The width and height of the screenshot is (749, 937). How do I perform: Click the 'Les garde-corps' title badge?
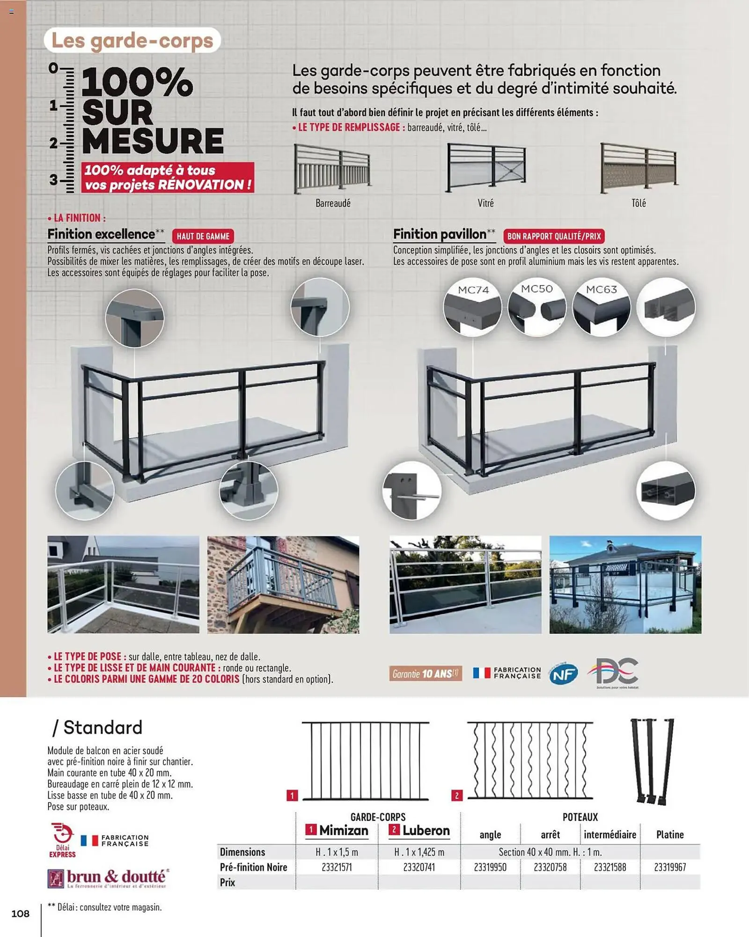[x=132, y=41]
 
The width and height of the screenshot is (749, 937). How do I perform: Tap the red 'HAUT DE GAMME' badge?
[x=203, y=236]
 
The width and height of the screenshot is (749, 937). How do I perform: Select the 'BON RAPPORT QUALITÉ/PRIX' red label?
[x=554, y=236]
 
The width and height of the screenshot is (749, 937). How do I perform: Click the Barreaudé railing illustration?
[x=332, y=169]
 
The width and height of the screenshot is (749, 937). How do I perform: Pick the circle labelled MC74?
[x=472, y=307]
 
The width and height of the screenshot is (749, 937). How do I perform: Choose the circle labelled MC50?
[x=537, y=307]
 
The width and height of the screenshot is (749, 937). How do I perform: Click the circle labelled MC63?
[x=602, y=307]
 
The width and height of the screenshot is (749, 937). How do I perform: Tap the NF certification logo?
[x=563, y=674]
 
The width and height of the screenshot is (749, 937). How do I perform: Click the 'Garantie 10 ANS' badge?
[x=425, y=674]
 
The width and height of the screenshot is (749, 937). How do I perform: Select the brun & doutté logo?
[x=108, y=878]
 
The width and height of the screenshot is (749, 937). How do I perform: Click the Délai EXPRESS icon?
[x=62, y=840]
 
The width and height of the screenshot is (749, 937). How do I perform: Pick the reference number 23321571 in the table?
[x=337, y=867]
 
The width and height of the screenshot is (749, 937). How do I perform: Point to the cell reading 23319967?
[x=670, y=867]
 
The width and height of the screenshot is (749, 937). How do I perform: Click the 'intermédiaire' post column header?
[x=609, y=834]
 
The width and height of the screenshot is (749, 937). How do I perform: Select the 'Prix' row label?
[x=228, y=882]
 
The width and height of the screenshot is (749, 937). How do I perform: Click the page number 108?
[x=20, y=914]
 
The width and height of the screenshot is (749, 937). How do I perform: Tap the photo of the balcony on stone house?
[x=283, y=585]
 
